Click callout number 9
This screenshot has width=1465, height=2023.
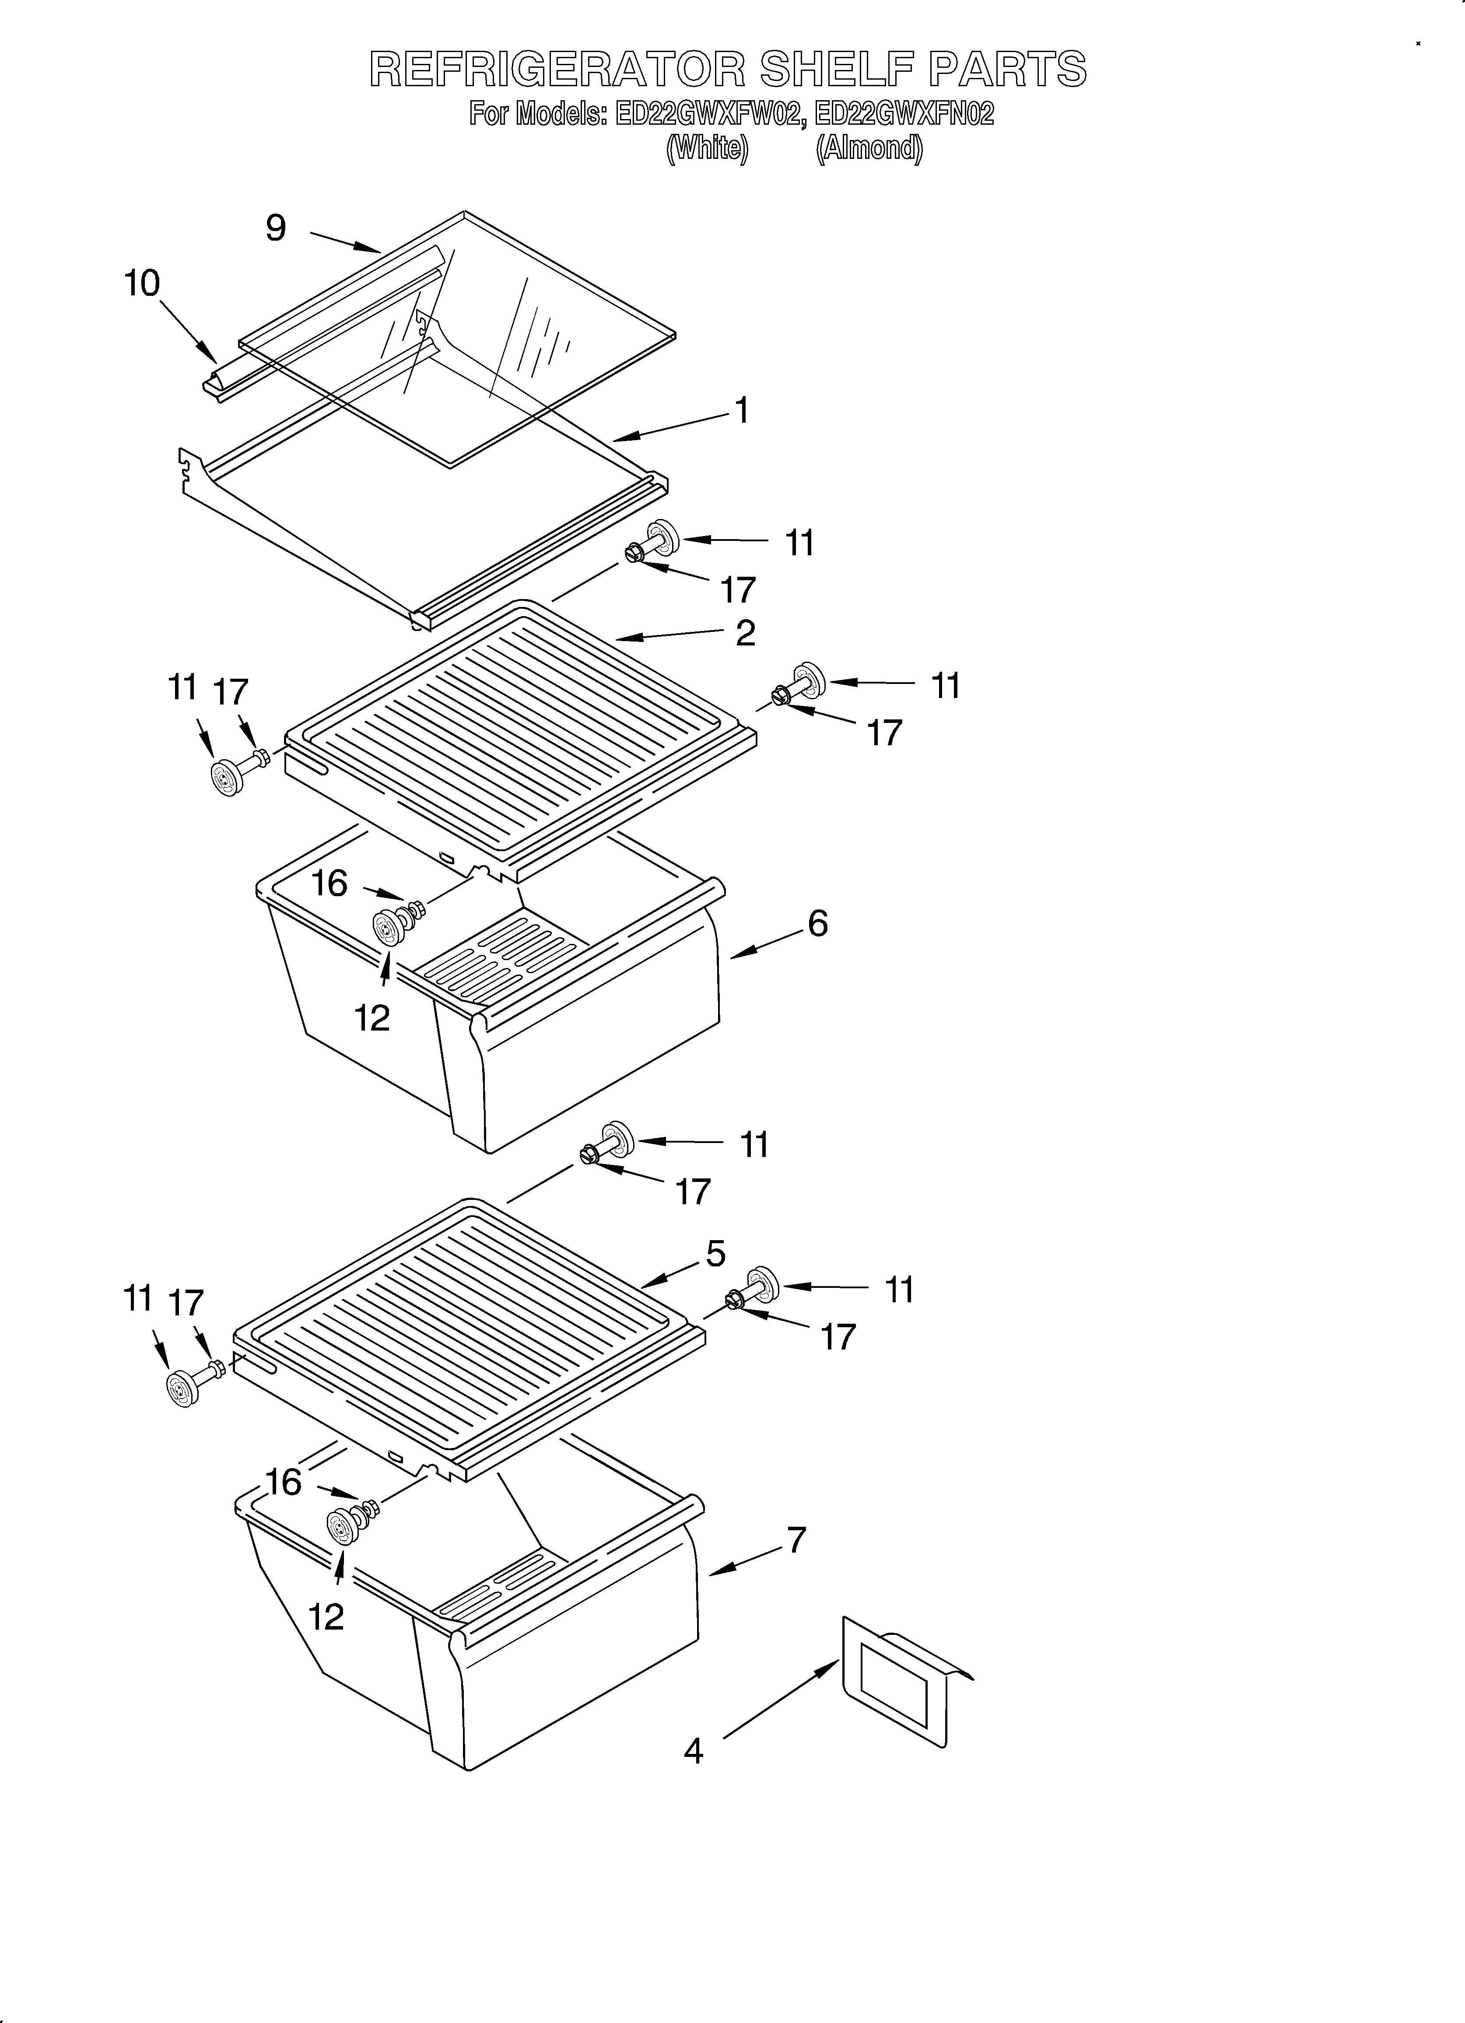coord(276,228)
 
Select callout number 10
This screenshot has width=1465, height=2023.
coord(142,284)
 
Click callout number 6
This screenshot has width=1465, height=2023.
coord(817,923)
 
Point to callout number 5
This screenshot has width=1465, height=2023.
coord(715,1253)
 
